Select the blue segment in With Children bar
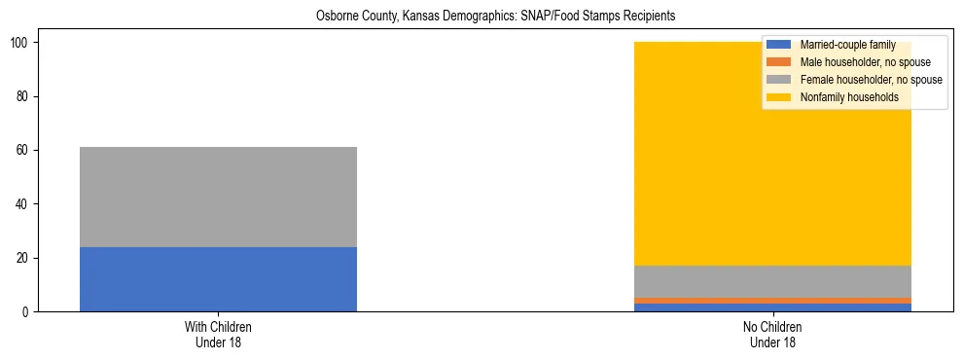[218, 279]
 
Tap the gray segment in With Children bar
[218, 197]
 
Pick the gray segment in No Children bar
[772, 281]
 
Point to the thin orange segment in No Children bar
[772, 301]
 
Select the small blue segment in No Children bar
[772, 307]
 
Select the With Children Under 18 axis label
[218, 335]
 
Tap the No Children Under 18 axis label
[772, 335]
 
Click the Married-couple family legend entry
[847, 45]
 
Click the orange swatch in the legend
[780, 62]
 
